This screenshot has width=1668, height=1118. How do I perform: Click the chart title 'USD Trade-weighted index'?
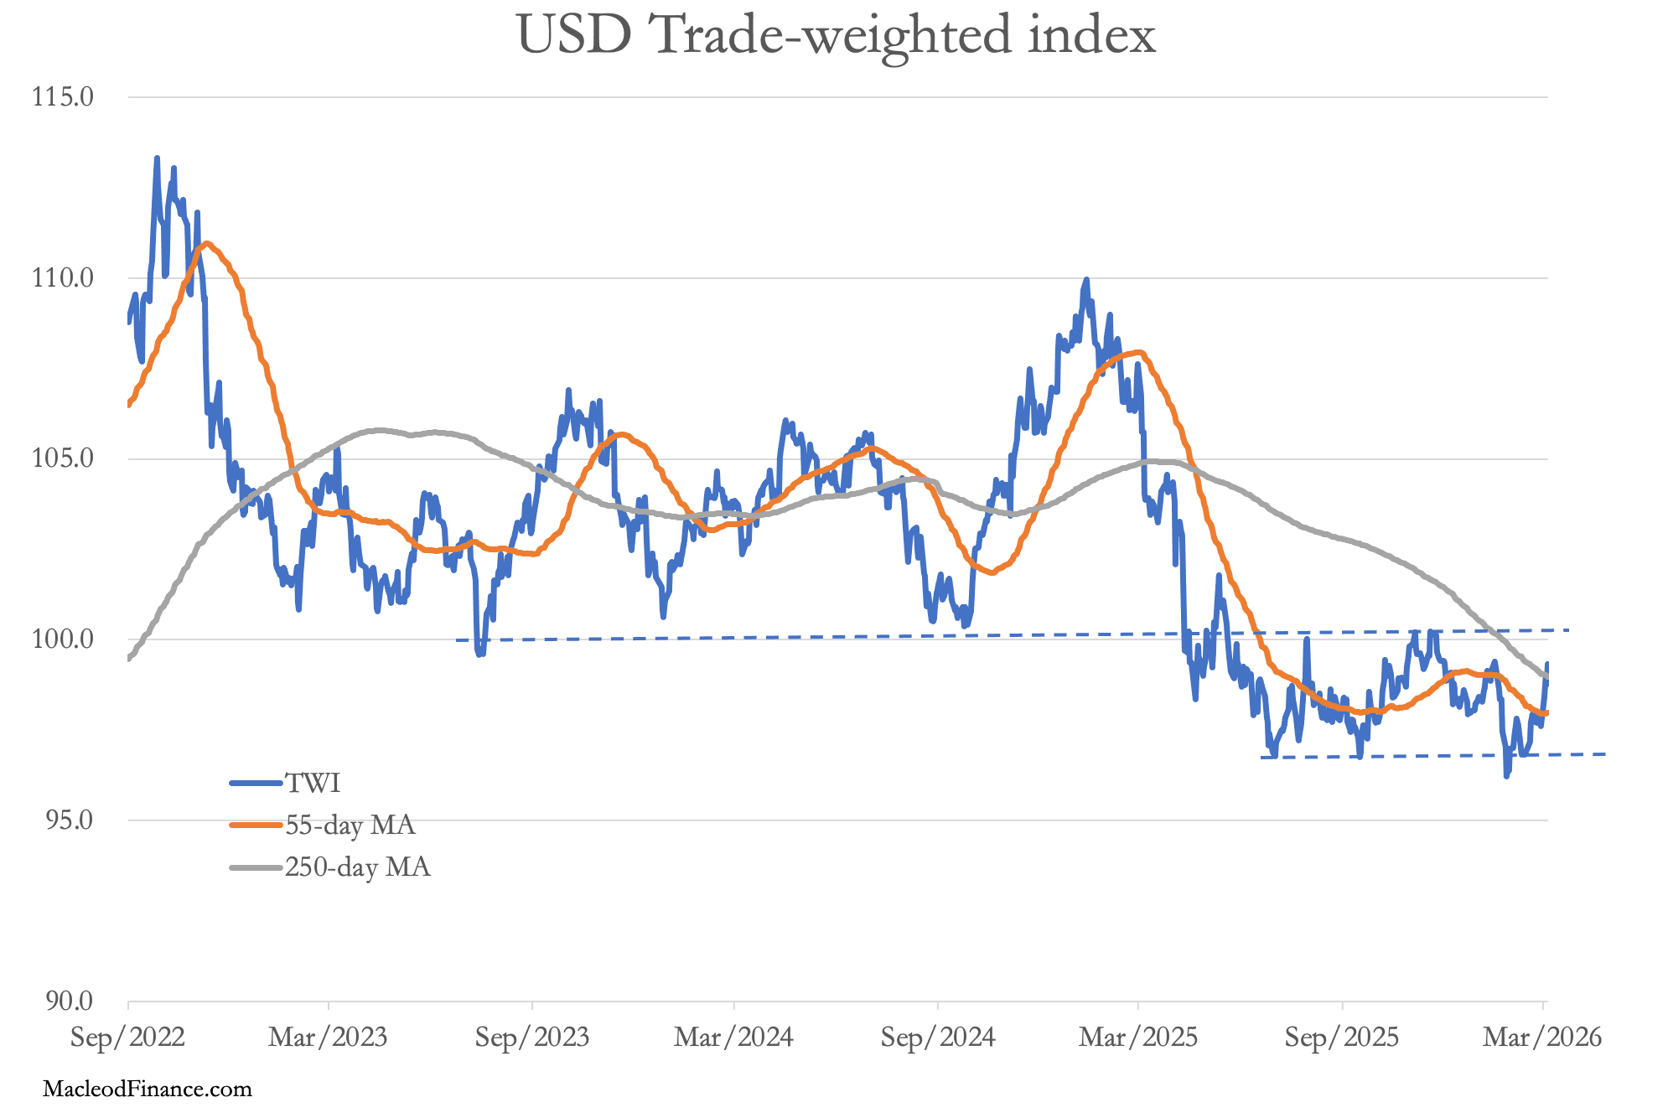coord(836,35)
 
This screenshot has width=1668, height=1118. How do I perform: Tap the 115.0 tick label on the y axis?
coord(63,97)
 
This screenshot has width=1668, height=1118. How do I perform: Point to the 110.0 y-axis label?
coord(63,278)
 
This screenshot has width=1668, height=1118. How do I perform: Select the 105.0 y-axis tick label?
coord(63,459)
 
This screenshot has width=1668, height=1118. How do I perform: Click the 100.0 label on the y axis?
coord(63,639)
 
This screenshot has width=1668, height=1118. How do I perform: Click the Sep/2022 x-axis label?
coord(127,1038)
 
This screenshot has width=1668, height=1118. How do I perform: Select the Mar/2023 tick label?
coord(328,1038)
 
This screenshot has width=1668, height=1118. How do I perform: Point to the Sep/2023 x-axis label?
coord(532,1038)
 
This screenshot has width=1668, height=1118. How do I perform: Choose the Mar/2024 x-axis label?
coord(733,1038)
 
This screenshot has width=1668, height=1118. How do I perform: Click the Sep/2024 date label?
coord(938,1038)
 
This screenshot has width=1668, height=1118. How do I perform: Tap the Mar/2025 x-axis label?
coord(1138,1038)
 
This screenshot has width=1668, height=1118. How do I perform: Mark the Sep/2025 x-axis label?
coord(1342,1038)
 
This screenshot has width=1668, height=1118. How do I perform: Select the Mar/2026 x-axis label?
coord(1542,1038)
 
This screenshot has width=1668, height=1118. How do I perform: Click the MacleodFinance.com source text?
coord(148,1090)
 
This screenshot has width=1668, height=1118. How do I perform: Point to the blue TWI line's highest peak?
coord(157,158)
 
